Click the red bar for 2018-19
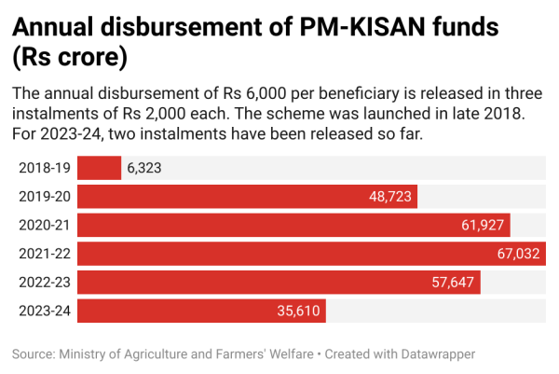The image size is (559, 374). coord(99,168)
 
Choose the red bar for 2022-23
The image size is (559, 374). coord(261,282)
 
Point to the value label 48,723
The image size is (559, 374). coord(390,197)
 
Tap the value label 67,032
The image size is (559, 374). coord(520,254)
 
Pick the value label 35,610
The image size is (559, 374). coord(299,311)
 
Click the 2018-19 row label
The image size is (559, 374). coord(44,168)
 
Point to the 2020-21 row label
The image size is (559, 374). coord(44,225)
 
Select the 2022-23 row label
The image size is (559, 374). coord(44,282)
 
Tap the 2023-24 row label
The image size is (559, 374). coord(44,311)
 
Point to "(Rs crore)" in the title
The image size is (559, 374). coord(70,59)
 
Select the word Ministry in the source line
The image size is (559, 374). coord(85,354)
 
